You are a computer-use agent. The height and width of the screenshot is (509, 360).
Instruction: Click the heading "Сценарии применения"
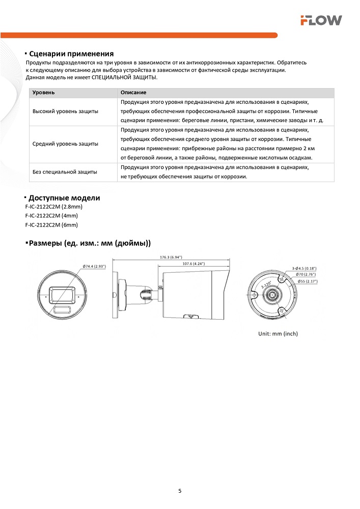coord(71,54)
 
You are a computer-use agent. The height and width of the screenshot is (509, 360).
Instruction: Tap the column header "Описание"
coord(133,93)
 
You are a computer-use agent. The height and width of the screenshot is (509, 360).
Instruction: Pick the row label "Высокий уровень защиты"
coord(65,111)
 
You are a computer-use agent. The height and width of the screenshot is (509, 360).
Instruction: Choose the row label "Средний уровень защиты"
coord(65,144)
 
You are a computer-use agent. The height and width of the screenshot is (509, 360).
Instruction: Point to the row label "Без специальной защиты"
coord(65,172)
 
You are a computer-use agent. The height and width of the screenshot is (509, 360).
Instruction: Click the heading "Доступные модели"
coord(64,198)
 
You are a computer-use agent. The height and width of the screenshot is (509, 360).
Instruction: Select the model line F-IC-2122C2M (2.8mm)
coord(53,207)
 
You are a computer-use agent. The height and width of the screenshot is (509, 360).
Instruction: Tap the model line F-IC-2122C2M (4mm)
coord(51,216)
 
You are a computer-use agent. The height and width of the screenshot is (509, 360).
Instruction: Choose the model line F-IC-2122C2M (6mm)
coord(51,224)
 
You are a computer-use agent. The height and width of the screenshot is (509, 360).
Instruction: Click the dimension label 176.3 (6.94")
coord(171,257)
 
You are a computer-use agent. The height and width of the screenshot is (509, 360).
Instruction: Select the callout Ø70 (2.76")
coord(306,274)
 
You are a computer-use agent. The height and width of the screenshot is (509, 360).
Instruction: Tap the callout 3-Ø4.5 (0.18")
coord(304,268)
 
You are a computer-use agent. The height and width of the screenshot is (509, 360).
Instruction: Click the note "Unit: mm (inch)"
coord(278,334)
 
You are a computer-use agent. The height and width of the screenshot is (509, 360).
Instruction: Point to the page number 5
coord(180,491)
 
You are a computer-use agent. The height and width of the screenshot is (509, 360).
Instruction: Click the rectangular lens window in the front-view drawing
coord(63,294)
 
